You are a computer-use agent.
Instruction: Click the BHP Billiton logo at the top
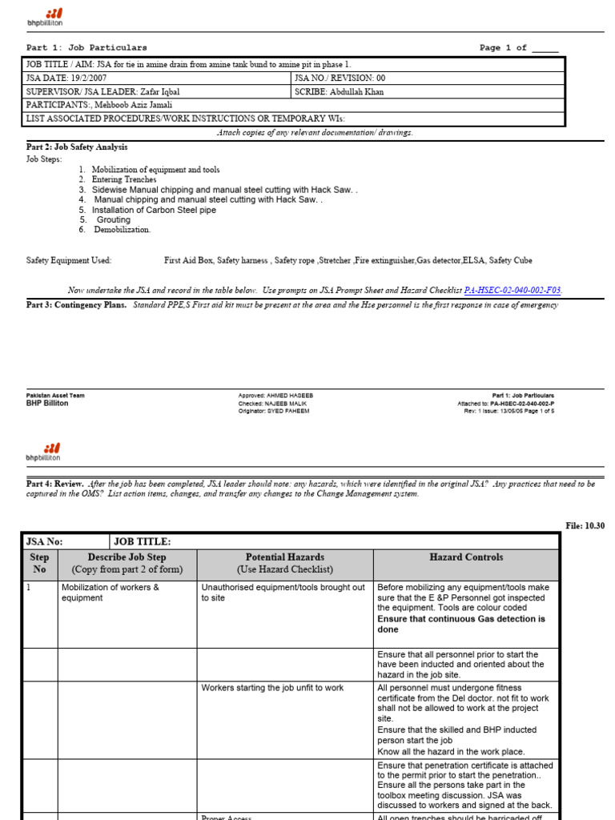point(45,17)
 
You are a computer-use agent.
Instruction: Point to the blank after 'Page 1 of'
point(545,48)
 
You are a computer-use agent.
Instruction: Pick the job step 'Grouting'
point(113,219)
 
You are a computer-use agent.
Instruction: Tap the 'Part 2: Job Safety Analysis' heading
point(77,147)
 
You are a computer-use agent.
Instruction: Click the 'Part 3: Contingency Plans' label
point(76,305)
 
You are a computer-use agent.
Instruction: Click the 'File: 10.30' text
point(585,525)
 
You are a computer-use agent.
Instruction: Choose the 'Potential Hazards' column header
point(284,557)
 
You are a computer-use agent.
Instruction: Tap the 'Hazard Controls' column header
point(466,557)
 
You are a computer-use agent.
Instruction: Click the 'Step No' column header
point(39,563)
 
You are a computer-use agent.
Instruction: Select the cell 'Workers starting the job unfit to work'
point(272,688)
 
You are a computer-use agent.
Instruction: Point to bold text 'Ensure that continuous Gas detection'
point(460,619)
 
